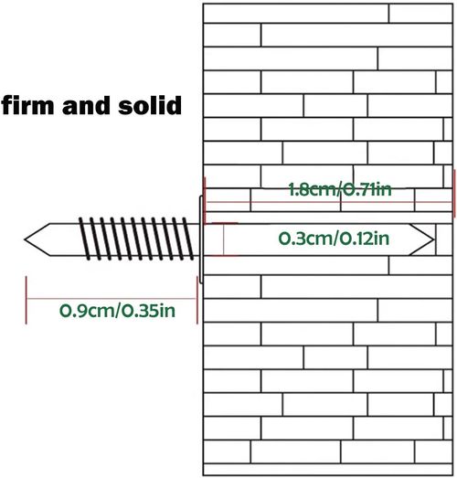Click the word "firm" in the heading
27,105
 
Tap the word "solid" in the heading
150,105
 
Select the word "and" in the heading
86,105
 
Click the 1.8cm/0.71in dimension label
340,189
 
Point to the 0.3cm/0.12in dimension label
334,239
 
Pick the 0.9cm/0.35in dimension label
117,311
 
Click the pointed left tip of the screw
25,239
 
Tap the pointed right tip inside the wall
434,240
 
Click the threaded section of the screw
136,239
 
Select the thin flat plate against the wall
201,239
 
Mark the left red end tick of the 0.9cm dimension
27,300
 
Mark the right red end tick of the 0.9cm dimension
197,300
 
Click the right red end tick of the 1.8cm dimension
455,193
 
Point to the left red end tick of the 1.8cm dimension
205,200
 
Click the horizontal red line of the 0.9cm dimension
112,299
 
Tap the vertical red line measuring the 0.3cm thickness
223,239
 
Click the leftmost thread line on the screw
84,239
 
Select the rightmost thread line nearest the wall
188,239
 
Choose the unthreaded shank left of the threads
64,239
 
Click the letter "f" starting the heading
6,105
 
